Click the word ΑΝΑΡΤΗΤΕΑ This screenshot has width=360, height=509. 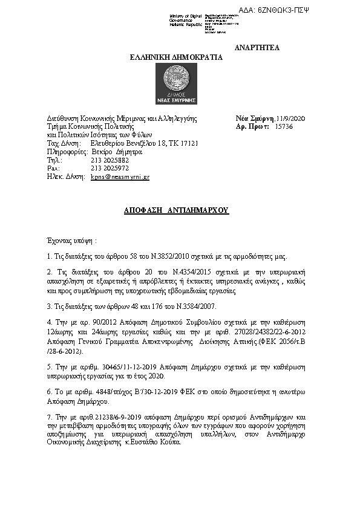[x=257, y=48]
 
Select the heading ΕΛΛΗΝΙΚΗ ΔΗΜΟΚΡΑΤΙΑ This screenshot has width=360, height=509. [x=177, y=57]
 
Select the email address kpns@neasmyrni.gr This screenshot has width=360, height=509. [x=120, y=178]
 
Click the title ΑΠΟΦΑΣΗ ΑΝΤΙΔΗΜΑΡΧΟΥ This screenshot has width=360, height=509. [x=175, y=211]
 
